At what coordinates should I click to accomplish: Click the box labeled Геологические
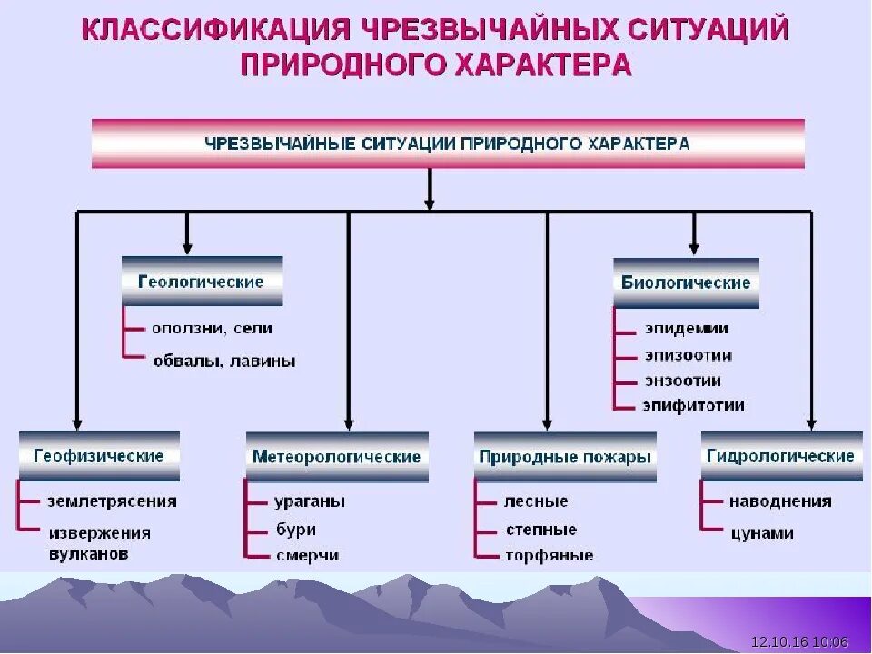(x=202, y=281)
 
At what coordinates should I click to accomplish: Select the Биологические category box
(x=686, y=282)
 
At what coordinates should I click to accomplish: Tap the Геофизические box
(x=99, y=455)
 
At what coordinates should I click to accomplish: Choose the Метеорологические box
(x=337, y=456)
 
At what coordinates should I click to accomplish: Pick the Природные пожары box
(x=565, y=456)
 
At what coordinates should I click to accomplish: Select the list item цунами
(x=762, y=533)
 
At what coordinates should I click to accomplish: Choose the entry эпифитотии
(x=693, y=406)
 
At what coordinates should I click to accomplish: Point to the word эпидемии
(x=687, y=329)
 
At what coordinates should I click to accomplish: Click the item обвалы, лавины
(x=224, y=362)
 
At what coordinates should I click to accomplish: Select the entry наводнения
(x=780, y=501)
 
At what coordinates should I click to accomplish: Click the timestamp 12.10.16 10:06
(x=800, y=642)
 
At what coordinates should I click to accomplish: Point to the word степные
(x=540, y=529)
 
